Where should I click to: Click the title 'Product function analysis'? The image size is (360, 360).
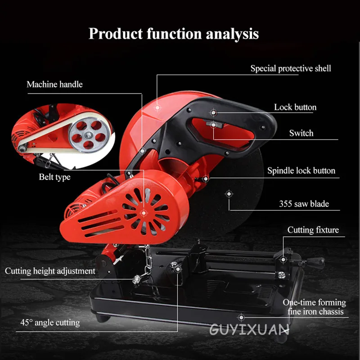tap(174, 34)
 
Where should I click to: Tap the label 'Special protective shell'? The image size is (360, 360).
tap(290, 68)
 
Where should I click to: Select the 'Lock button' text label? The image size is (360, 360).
tap(295, 108)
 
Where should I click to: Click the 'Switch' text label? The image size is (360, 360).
tap(301, 133)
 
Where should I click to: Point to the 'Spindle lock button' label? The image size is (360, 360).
tap(301, 171)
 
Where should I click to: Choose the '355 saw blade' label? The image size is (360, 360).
tap(304, 204)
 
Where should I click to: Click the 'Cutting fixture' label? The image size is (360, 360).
tap(313, 230)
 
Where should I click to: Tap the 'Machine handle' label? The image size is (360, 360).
tap(54, 84)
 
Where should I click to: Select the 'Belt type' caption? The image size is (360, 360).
tap(54, 177)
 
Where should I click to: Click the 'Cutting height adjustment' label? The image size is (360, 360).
tap(50, 271)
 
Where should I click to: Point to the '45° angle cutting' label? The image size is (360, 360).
tap(50, 322)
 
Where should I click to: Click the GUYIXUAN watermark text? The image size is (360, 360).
tap(249, 330)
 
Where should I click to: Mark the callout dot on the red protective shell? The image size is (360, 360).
tap(157, 107)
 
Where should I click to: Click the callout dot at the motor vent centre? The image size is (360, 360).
tap(144, 212)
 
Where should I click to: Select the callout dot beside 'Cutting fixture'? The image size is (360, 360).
tap(283, 260)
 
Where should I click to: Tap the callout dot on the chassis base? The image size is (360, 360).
tap(241, 317)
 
